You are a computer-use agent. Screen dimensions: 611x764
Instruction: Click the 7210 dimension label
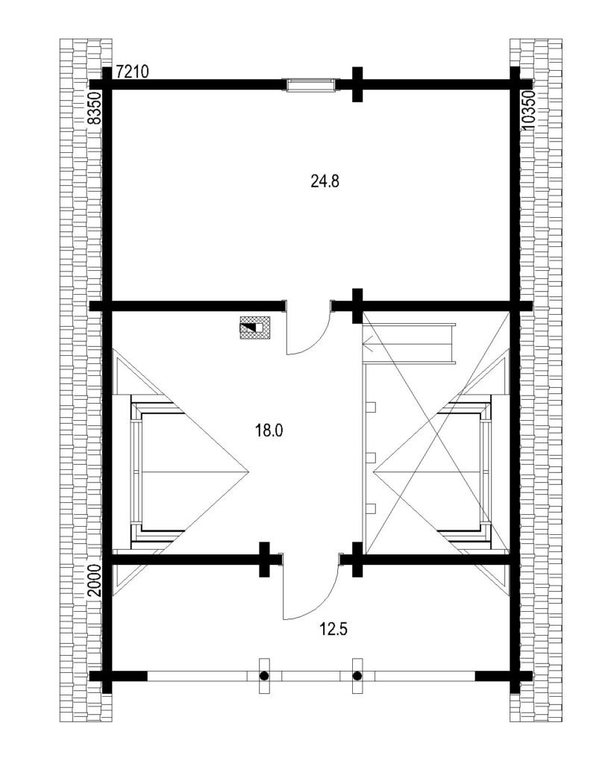tap(133, 72)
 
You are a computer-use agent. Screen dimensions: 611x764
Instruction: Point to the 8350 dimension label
tap(95, 107)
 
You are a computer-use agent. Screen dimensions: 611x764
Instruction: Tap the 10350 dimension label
tap(528, 110)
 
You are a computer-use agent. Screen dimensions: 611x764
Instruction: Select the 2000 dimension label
tap(95, 580)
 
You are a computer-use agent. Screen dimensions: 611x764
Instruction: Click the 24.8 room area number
tap(325, 181)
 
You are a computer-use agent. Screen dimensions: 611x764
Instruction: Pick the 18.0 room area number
tap(269, 430)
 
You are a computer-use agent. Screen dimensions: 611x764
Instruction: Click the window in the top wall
tap(311, 85)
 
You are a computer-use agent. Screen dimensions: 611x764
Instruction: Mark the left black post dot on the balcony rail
tap(264, 676)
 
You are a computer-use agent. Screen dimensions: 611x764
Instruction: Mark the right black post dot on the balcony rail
tap(357, 676)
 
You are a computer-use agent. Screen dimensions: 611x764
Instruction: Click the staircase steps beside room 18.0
tap(410, 343)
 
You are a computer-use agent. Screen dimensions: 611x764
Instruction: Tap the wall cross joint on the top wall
tap(357, 84)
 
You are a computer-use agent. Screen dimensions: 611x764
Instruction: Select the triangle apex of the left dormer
tap(249, 471)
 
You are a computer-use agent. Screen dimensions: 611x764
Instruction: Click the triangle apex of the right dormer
tap(374, 471)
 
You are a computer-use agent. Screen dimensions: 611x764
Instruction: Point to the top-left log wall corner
tap(107, 84)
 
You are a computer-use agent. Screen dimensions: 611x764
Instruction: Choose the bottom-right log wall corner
tap(516, 676)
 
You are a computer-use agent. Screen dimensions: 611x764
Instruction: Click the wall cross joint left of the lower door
tap(264, 560)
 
